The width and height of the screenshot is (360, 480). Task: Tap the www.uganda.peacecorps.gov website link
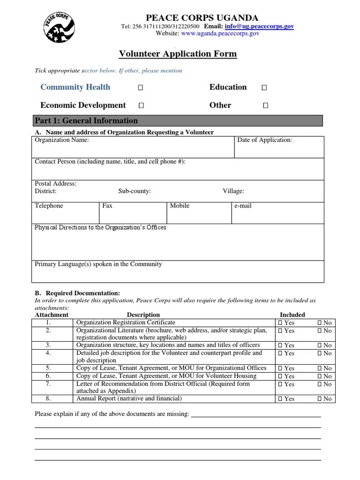(220, 34)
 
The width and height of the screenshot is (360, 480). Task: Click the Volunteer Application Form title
(178, 54)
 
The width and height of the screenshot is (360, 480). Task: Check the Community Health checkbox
(141, 88)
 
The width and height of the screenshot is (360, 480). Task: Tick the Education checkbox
(264, 88)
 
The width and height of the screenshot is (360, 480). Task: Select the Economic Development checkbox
(141, 106)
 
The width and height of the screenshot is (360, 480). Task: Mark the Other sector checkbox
(265, 106)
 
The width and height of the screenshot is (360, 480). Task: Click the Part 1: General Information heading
(86, 120)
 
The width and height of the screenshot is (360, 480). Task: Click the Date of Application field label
(264, 140)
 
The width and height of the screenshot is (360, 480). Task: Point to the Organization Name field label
(61, 140)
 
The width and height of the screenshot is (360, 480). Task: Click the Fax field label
(107, 206)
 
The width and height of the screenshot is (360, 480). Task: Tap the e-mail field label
(242, 206)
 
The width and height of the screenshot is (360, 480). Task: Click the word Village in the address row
(233, 191)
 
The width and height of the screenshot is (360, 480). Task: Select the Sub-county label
(134, 191)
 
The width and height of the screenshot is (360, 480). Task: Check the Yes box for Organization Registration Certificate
(280, 323)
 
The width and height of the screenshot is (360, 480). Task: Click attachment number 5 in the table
(48, 368)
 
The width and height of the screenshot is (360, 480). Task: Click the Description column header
(143, 315)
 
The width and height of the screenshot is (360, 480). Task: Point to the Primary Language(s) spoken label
(98, 264)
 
